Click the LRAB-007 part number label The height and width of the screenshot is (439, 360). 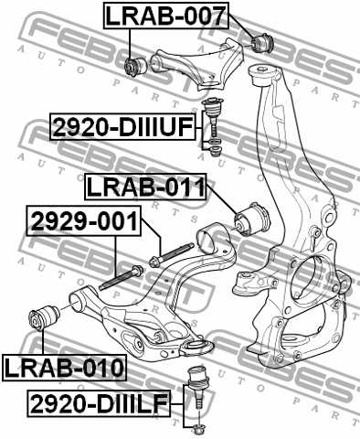[x=164, y=15]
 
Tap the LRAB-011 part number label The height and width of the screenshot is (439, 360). [x=144, y=187]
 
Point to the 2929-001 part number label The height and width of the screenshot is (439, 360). [x=83, y=220]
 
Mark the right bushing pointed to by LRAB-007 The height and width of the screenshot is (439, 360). [x=266, y=42]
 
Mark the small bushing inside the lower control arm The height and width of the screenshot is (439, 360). [x=162, y=337]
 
